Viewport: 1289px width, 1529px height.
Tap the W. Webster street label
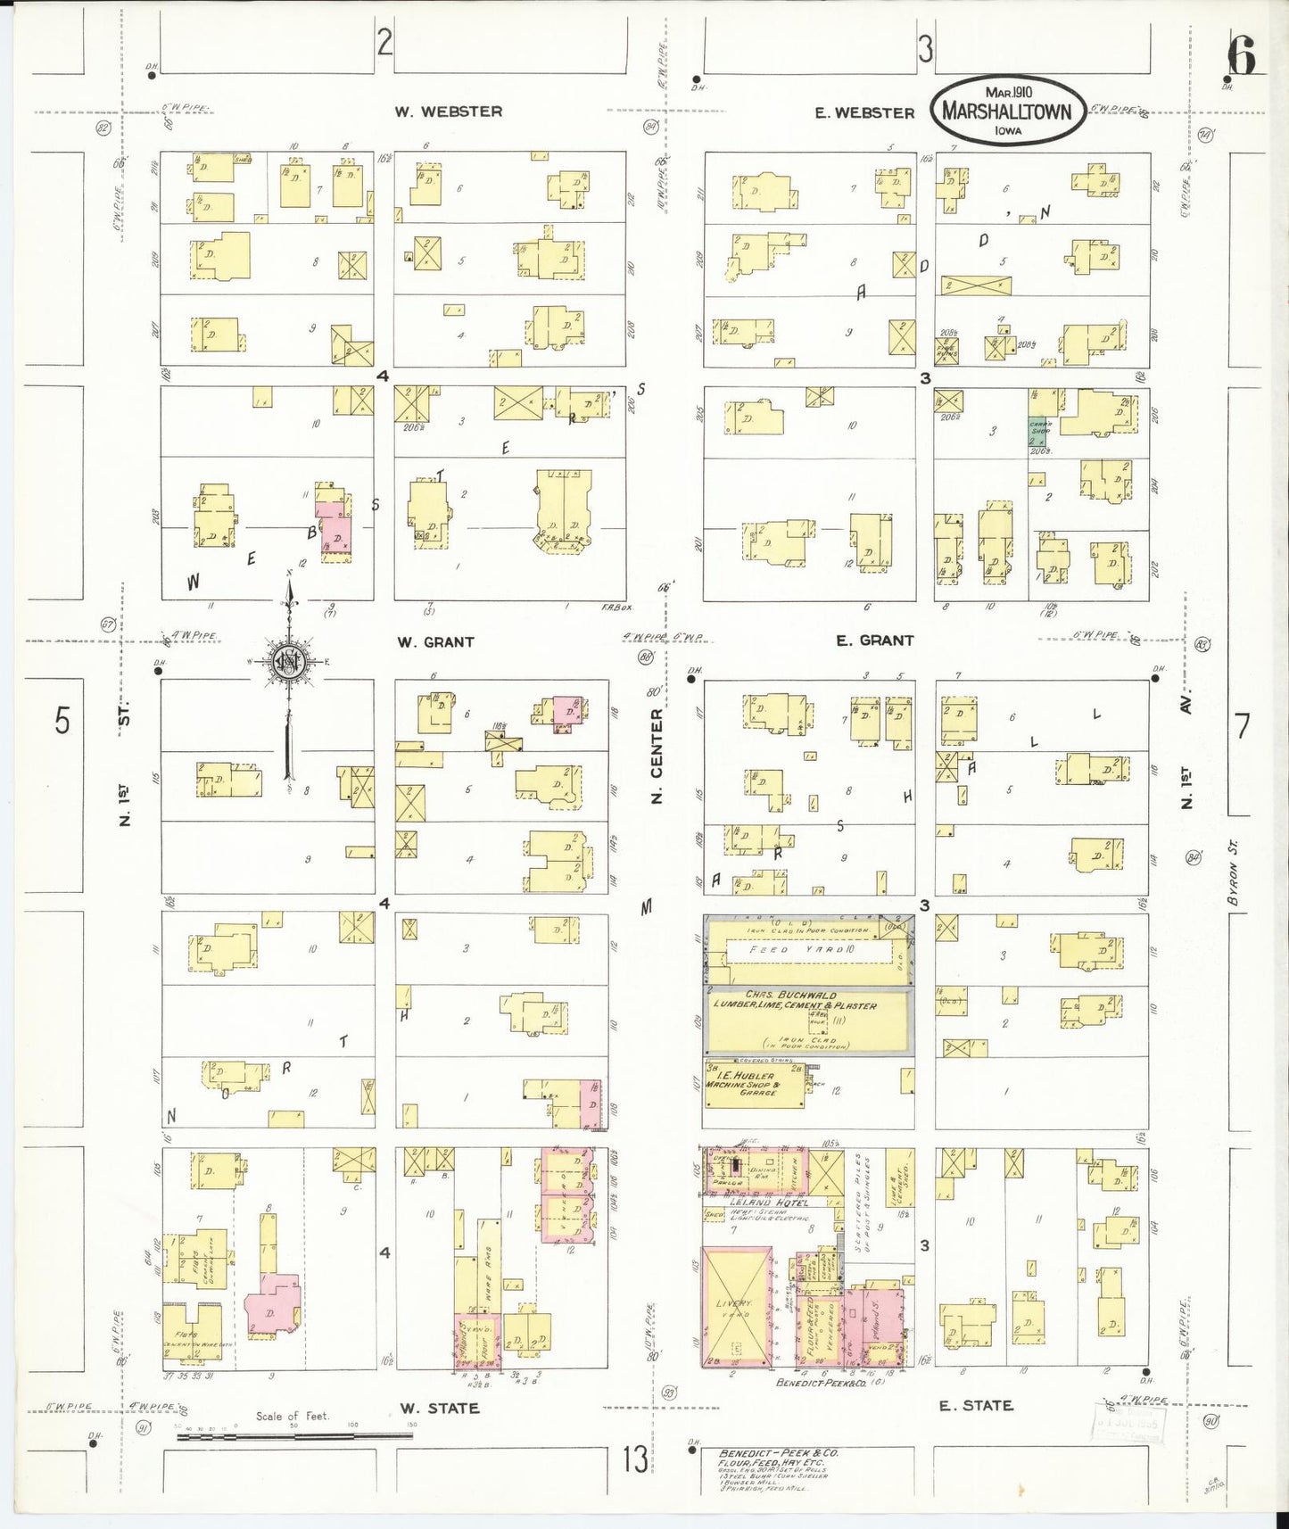pos(449,112)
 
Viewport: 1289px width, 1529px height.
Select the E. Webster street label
pos(864,112)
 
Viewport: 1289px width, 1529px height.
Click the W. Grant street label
pos(435,641)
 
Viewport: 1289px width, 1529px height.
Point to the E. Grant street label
pos(874,640)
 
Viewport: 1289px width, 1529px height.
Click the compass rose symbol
pos(289,661)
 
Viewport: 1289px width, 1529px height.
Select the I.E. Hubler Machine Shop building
pos(755,1085)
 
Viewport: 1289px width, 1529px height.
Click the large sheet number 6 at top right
pos(1241,58)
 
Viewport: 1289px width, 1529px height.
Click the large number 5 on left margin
pos(61,719)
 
